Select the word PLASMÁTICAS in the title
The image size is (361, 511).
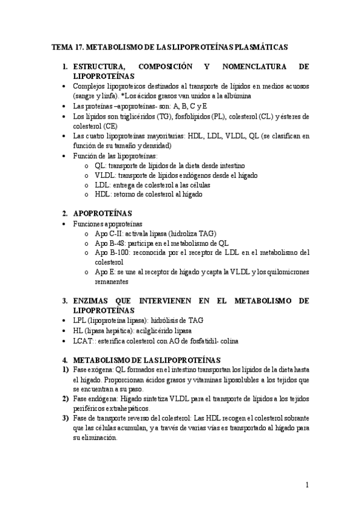point(260,46)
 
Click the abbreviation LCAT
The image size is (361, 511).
point(83,341)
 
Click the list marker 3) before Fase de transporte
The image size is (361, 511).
point(66,418)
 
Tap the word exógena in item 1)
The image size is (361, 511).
point(101,371)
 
